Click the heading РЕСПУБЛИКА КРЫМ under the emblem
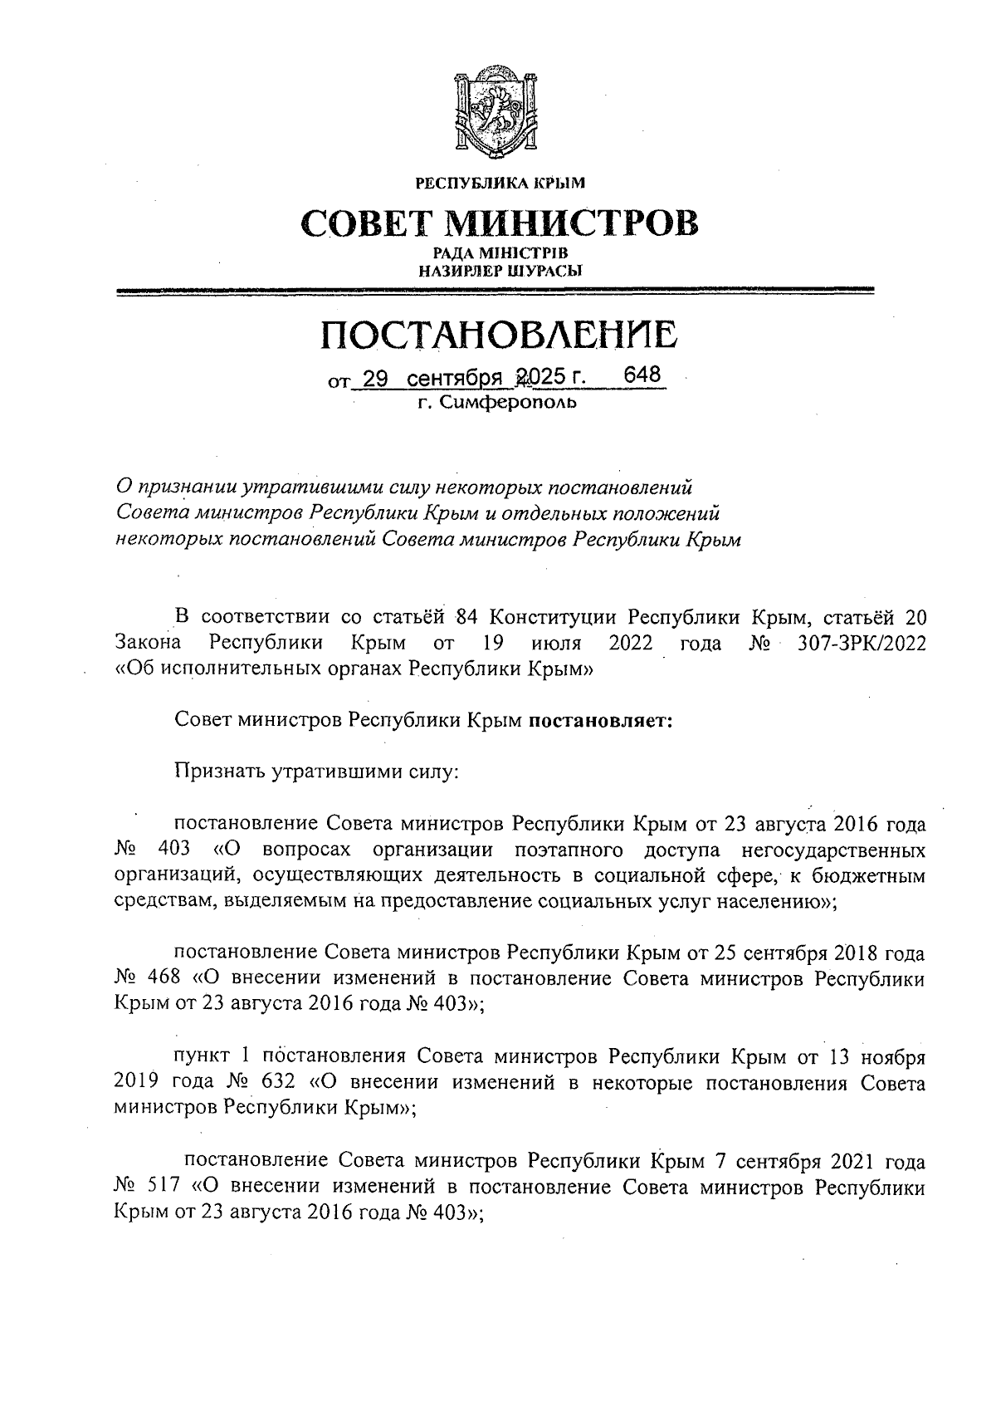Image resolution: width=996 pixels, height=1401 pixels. click(x=500, y=182)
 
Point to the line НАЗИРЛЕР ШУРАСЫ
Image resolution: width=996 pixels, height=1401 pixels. click(x=499, y=269)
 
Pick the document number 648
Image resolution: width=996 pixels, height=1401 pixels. click(x=642, y=375)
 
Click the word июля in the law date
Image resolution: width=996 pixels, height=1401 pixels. click(x=555, y=643)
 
